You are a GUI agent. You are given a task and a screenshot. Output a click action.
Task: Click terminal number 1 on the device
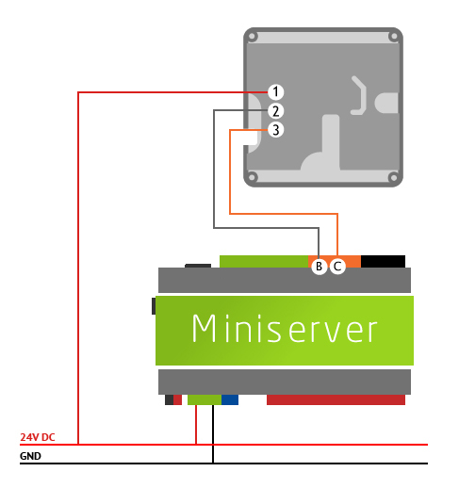coord(275,91)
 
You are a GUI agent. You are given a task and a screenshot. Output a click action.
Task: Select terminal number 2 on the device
coord(275,111)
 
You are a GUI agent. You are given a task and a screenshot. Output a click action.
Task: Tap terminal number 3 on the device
coord(275,130)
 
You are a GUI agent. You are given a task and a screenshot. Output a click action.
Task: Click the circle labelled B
coord(319,267)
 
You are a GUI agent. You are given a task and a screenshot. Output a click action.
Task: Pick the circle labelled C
coord(338,267)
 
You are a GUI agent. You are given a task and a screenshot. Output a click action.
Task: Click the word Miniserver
coord(285,330)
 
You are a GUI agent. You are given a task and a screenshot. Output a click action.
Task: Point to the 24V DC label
coord(38,438)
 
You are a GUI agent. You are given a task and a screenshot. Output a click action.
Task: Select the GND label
coord(31,457)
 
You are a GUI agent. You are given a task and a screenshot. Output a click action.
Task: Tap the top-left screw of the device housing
coord(253,38)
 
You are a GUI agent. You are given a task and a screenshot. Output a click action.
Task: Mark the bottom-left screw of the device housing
coord(253,175)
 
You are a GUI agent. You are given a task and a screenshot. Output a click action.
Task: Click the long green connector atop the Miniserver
coord(264,261)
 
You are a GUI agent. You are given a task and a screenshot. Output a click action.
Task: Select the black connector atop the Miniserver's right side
coord(383,261)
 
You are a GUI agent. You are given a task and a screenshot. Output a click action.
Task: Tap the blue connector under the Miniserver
coord(230,399)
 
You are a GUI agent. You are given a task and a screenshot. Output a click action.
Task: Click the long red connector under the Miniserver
coord(336,399)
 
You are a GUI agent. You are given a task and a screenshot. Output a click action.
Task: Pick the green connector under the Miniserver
coord(204,399)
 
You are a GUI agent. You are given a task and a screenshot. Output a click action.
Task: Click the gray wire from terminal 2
coord(215,170)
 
